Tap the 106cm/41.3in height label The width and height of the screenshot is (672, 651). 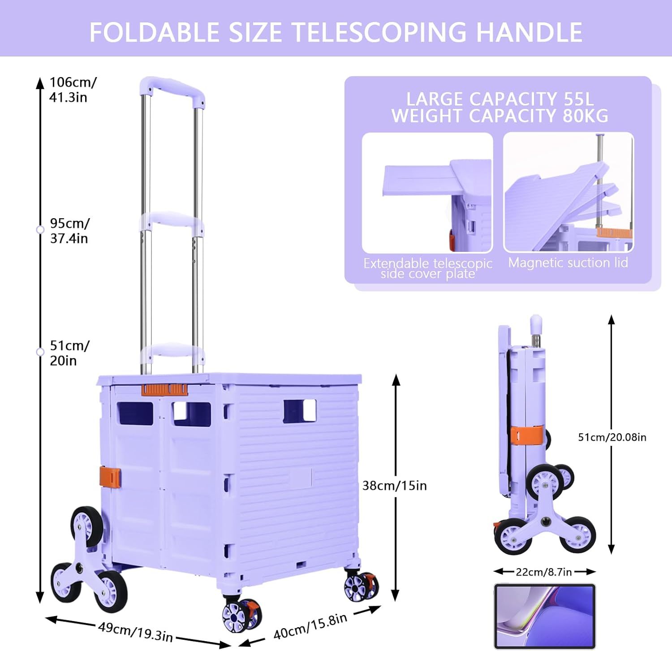(x=73, y=90)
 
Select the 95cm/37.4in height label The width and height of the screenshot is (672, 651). (x=70, y=231)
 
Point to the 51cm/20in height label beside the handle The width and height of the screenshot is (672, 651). (x=70, y=353)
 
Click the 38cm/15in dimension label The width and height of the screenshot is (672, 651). (x=394, y=486)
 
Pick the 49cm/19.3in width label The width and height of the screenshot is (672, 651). (x=135, y=631)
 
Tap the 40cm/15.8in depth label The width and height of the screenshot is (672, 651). (x=310, y=627)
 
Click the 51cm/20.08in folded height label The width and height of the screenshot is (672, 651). (x=612, y=437)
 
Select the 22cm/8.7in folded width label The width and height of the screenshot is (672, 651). (x=544, y=572)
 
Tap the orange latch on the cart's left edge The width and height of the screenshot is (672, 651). (x=110, y=477)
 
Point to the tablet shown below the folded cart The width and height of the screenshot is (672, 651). (x=544, y=616)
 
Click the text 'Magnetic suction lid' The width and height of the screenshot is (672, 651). (x=568, y=263)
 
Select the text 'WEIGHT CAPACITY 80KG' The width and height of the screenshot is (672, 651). (x=500, y=116)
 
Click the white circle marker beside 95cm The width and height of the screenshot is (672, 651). (x=40, y=230)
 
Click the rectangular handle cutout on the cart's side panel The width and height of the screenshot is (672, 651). (x=300, y=411)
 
